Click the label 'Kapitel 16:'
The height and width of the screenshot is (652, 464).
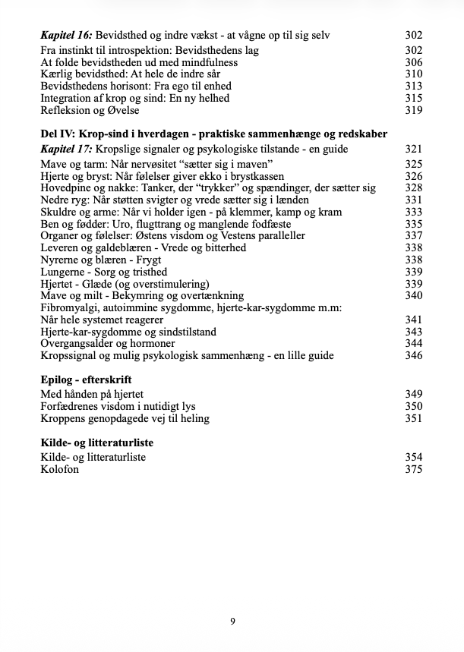pyautogui.click(x=68, y=35)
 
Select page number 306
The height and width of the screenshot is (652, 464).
pyautogui.click(x=413, y=62)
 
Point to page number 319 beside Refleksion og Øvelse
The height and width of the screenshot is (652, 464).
pyautogui.click(x=413, y=110)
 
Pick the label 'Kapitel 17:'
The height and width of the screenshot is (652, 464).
pyautogui.click(x=68, y=149)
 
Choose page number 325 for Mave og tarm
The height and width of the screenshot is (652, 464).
pyautogui.click(x=413, y=164)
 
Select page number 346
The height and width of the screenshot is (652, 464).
pyautogui.click(x=413, y=355)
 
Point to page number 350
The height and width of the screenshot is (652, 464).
pyautogui.click(x=413, y=406)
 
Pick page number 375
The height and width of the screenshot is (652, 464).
pyautogui.click(x=413, y=469)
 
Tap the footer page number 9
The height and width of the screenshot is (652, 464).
pyautogui.click(x=232, y=622)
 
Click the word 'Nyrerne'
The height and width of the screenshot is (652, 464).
pyautogui.click(x=62, y=260)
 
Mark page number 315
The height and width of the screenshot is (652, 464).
pyautogui.click(x=413, y=98)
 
